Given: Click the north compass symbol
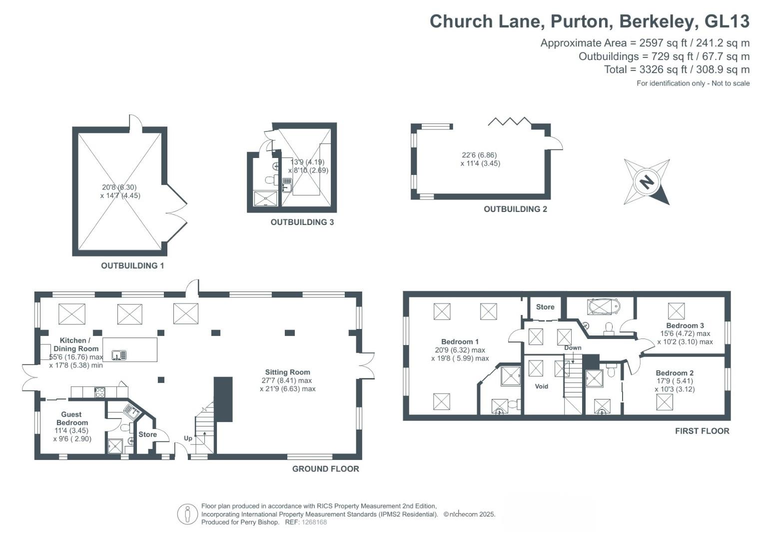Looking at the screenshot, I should point(647,181).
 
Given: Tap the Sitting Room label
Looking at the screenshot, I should point(287,372).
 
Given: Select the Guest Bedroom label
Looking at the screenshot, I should point(71,418).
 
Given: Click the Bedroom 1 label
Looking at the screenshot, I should point(460,342).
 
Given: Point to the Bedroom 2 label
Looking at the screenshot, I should point(675,373).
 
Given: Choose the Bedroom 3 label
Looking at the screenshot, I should point(685,325).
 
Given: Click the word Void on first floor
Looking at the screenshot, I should point(542,386).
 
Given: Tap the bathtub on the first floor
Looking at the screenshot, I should point(604,306).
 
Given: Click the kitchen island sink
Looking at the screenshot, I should point(119,355).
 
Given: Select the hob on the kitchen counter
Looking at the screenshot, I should point(100,392).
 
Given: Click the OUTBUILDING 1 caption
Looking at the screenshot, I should point(132,266).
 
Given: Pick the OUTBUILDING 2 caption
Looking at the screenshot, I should point(515,209).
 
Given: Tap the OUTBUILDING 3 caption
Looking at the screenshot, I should point(302,222).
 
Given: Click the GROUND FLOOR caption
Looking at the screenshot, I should point(325,469).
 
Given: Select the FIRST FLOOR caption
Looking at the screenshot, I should point(702,431).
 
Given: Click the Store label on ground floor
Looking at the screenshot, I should point(147,434).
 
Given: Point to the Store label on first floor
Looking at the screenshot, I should point(545,307).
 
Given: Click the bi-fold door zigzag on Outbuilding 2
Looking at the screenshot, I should point(509,121).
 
